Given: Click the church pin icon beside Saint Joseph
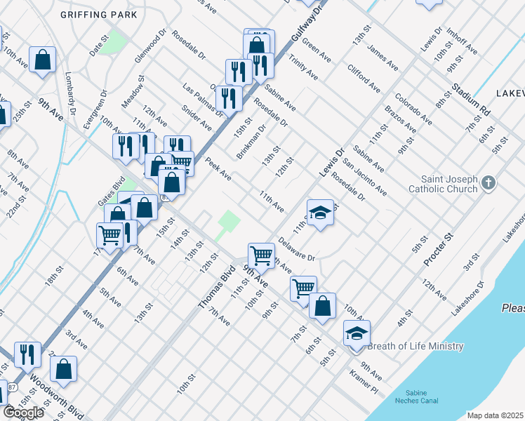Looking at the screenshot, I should click(489, 185).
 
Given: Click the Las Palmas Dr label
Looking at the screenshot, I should click(203, 100).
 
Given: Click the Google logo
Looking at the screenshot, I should click(23, 412).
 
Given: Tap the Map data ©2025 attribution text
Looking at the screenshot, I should click(495, 415).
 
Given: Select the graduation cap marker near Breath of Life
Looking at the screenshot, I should click(357, 333).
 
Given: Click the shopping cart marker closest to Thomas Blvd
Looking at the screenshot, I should click(261, 255).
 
